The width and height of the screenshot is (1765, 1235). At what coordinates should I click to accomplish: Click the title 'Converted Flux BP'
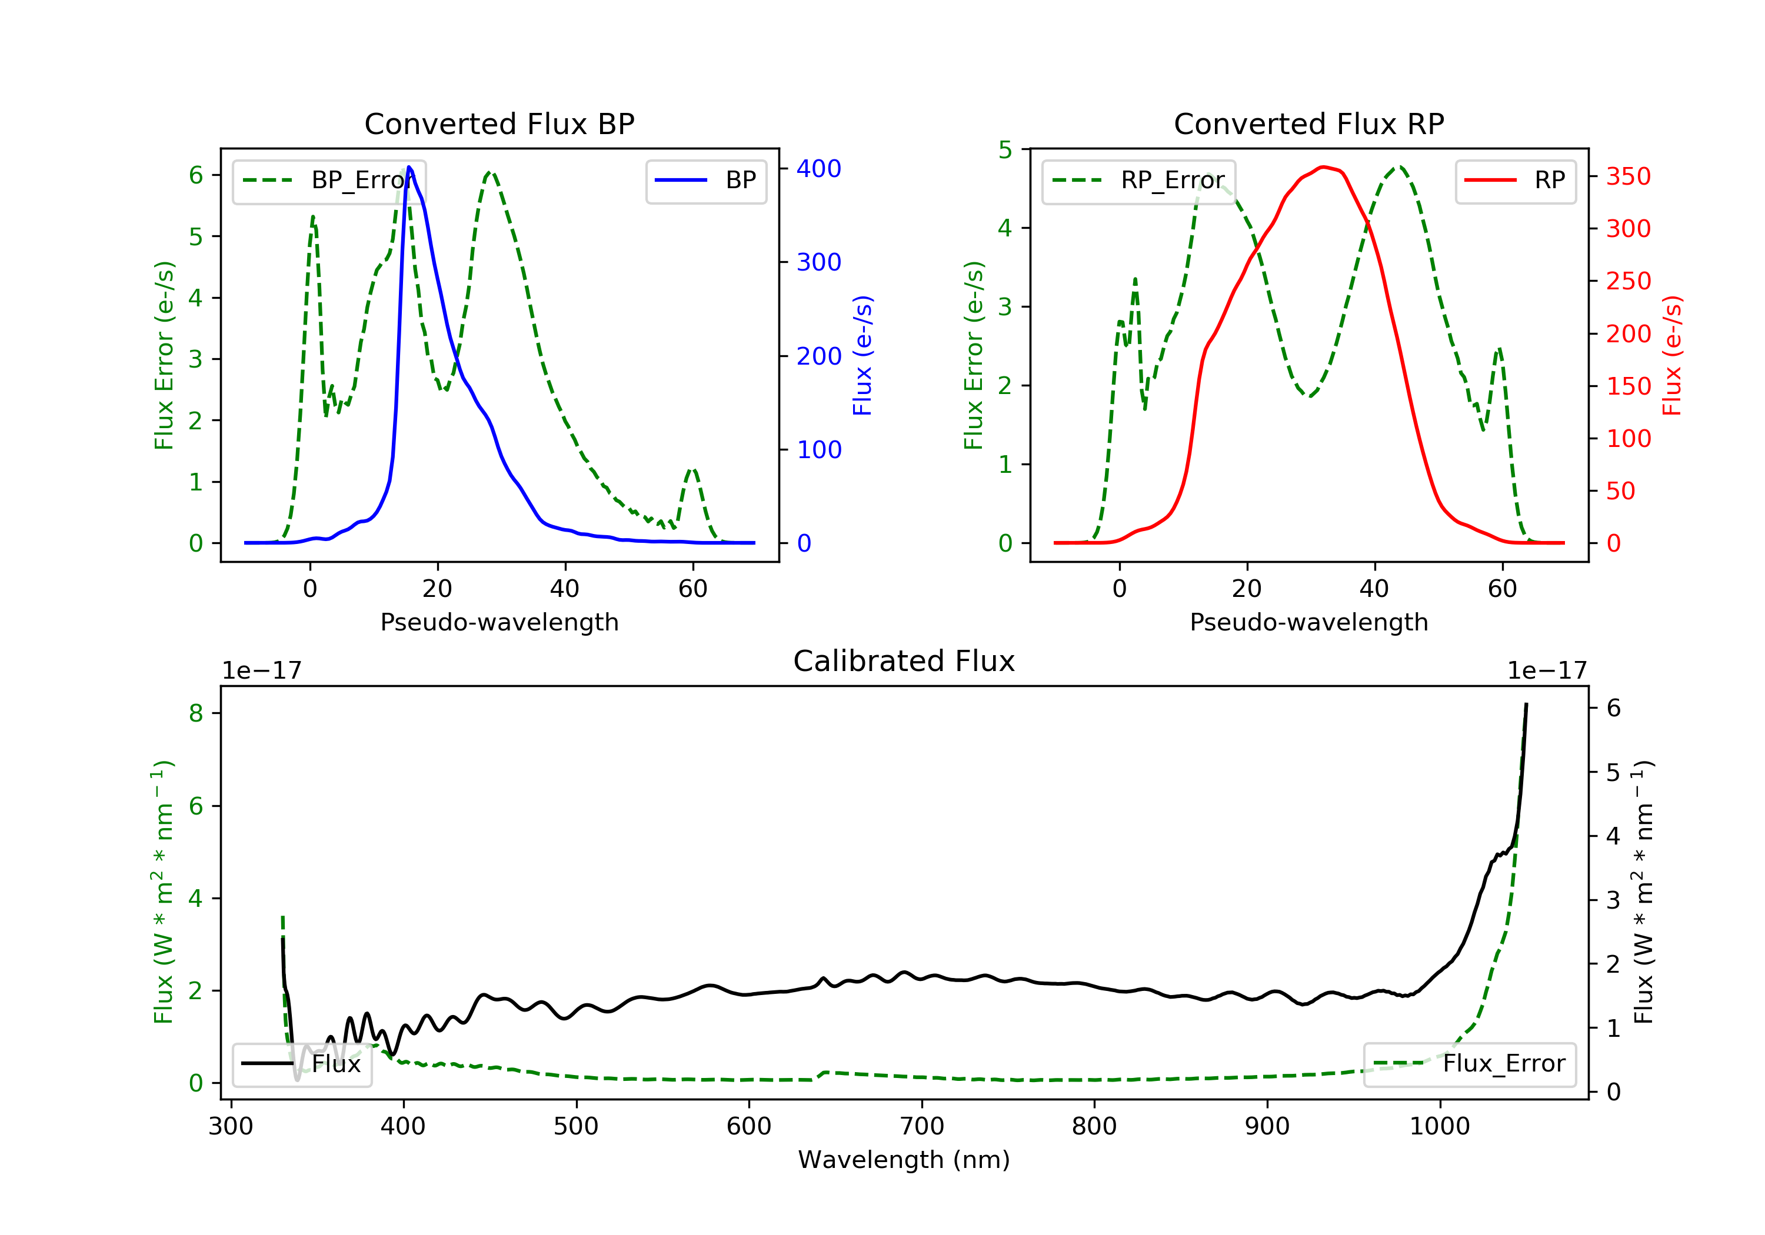tap(499, 123)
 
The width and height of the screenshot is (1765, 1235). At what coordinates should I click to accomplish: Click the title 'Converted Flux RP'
tap(1308, 123)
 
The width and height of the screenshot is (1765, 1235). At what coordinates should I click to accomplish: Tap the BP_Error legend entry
tap(329, 181)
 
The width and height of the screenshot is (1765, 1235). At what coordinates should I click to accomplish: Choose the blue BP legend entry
tap(705, 181)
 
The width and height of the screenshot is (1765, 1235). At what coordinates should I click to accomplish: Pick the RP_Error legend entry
tap(1138, 181)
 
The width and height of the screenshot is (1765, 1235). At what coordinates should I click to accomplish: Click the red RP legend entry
tap(1515, 181)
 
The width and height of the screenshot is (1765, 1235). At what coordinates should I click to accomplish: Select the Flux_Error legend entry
tap(1469, 1064)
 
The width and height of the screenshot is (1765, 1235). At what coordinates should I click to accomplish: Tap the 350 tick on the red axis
tap(1628, 176)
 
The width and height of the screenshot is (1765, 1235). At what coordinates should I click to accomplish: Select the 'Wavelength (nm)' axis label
tap(904, 1160)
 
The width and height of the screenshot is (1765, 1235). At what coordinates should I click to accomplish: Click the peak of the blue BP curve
tap(409, 167)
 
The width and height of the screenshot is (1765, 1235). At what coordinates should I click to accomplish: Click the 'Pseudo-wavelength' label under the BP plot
tap(499, 622)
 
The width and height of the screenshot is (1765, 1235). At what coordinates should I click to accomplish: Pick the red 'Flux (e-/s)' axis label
tap(1671, 356)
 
